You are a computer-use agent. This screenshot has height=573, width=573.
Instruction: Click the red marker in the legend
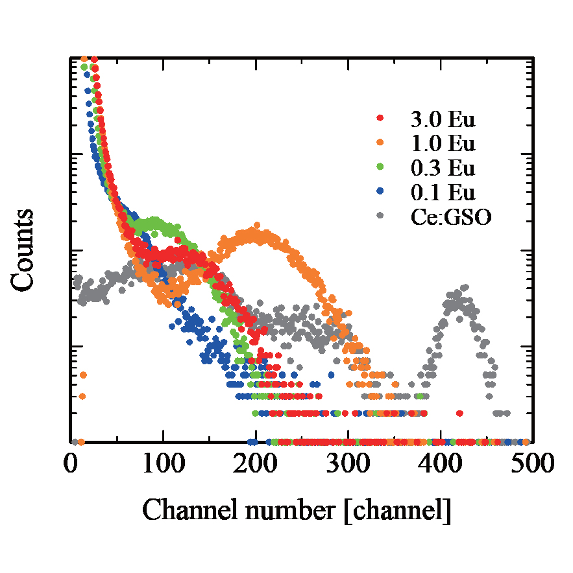(380, 119)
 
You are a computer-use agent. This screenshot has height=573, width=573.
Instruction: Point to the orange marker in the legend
(380, 143)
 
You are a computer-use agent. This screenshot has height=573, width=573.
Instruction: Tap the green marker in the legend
(380, 168)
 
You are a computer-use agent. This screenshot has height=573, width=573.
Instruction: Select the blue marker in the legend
(380, 193)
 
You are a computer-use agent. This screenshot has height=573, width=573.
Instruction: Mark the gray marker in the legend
(380, 217)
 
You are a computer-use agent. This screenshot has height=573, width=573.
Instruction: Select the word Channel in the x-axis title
(183, 510)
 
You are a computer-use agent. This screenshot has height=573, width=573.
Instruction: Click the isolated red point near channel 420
(459, 413)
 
